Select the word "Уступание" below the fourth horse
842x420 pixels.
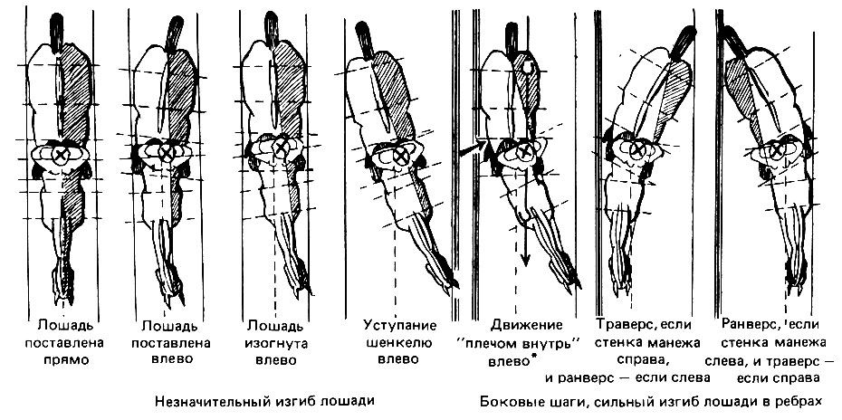coord(400,325)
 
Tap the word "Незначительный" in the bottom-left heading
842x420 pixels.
coord(204,399)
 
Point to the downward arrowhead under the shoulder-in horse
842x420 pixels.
coord(524,259)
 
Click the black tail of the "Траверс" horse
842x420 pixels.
coord(680,40)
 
